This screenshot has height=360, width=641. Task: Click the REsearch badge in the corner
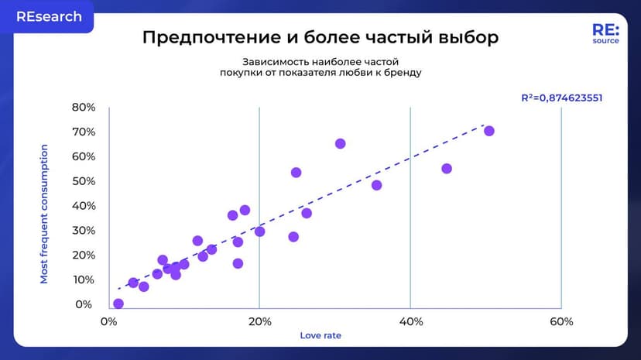pos(47,16)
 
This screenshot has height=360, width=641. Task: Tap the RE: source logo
pos(605,33)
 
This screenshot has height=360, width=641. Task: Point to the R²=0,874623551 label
pos(561,98)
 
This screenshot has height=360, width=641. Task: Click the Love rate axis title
pos(320,336)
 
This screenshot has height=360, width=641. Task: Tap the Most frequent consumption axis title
pos(44,214)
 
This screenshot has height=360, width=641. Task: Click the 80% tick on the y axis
pos(84,107)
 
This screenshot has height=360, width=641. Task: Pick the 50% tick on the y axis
pos(84,181)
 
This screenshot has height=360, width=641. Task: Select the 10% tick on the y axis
pos(84,279)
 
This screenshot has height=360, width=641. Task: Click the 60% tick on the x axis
pos(561,322)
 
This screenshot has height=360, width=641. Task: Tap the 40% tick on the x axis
pos(410,322)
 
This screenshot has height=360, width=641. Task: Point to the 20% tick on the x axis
pos(259,322)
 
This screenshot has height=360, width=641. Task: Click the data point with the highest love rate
pos(489,131)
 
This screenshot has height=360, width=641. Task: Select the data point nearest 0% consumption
pos(118,303)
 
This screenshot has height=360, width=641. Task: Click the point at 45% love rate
pos(447,169)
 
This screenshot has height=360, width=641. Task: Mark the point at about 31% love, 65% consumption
pos(340,143)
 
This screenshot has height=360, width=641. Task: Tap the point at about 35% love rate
pos(377,185)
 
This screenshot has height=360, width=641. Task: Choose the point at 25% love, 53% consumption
pos(296,173)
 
